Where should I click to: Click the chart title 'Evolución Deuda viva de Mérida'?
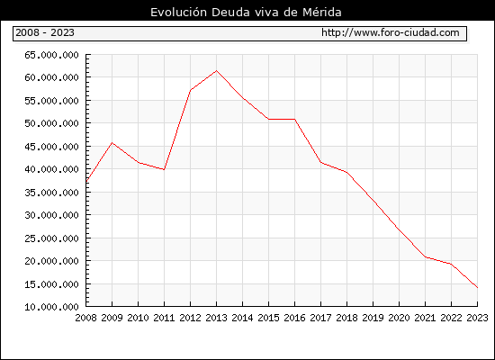pyautogui.click(x=246, y=13)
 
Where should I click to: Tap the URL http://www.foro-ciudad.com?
pyautogui.click(x=391, y=32)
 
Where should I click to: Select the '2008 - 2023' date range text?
pyautogui.click(x=45, y=32)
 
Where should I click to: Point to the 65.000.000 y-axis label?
pyautogui.click(x=51, y=55)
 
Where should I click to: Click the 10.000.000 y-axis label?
pyautogui.click(x=51, y=307)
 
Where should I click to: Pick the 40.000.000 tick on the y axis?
pyautogui.click(x=51, y=169)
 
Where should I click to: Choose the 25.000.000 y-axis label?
pyautogui.click(x=51, y=238)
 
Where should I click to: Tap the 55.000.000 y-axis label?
pyautogui.click(x=51, y=101)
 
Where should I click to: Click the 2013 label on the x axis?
pyautogui.click(x=216, y=318)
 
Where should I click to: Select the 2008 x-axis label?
pyautogui.click(x=85, y=318)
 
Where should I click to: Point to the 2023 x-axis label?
pyautogui.click(x=477, y=318)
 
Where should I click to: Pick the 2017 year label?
pyautogui.click(x=320, y=318)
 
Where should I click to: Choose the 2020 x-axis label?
pyautogui.click(x=399, y=318)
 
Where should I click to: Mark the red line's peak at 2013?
pyautogui.click(x=216, y=71)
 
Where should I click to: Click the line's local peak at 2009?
pyautogui.click(x=112, y=143)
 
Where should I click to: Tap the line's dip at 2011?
pyautogui.click(x=164, y=169)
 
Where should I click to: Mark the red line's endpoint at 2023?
pyautogui.click(x=477, y=288)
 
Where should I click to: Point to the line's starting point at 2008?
pyautogui.click(x=86, y=182)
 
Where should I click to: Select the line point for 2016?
pyautogui.click(x=295, y=119)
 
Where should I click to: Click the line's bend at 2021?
pyautogui.click(x=425, y=257)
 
